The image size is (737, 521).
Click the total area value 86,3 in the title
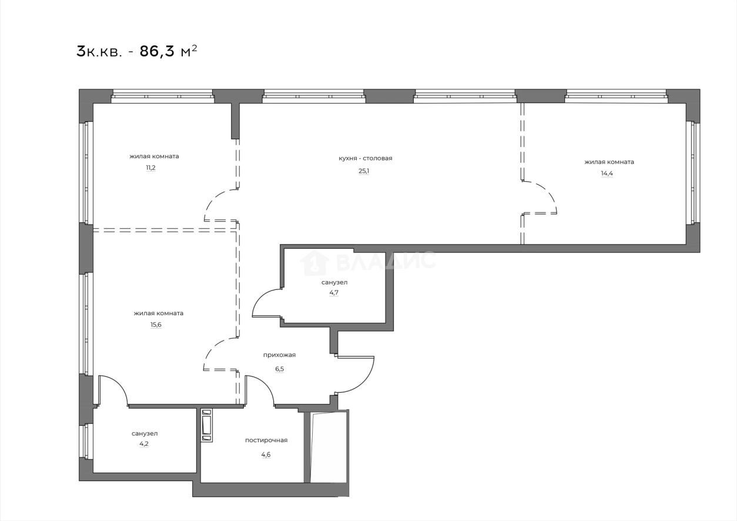(157, 51)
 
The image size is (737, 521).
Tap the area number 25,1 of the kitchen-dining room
(364, 171)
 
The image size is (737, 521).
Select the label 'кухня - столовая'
(365, 158)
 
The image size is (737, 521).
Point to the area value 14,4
(607, 174)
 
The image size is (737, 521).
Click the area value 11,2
(151, 168)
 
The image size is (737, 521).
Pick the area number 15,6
(156, 325)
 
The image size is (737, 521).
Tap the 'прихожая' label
(279, 355)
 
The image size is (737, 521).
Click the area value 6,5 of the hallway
(279, 369)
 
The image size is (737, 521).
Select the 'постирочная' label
(266, 440)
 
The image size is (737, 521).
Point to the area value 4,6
(266, 455)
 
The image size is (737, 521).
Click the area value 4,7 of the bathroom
(334, 292)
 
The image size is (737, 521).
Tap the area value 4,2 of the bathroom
(144, 445)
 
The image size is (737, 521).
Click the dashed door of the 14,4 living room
(540, 198)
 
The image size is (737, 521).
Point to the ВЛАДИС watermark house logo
(314, 263)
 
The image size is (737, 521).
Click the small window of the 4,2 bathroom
(86, 441)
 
